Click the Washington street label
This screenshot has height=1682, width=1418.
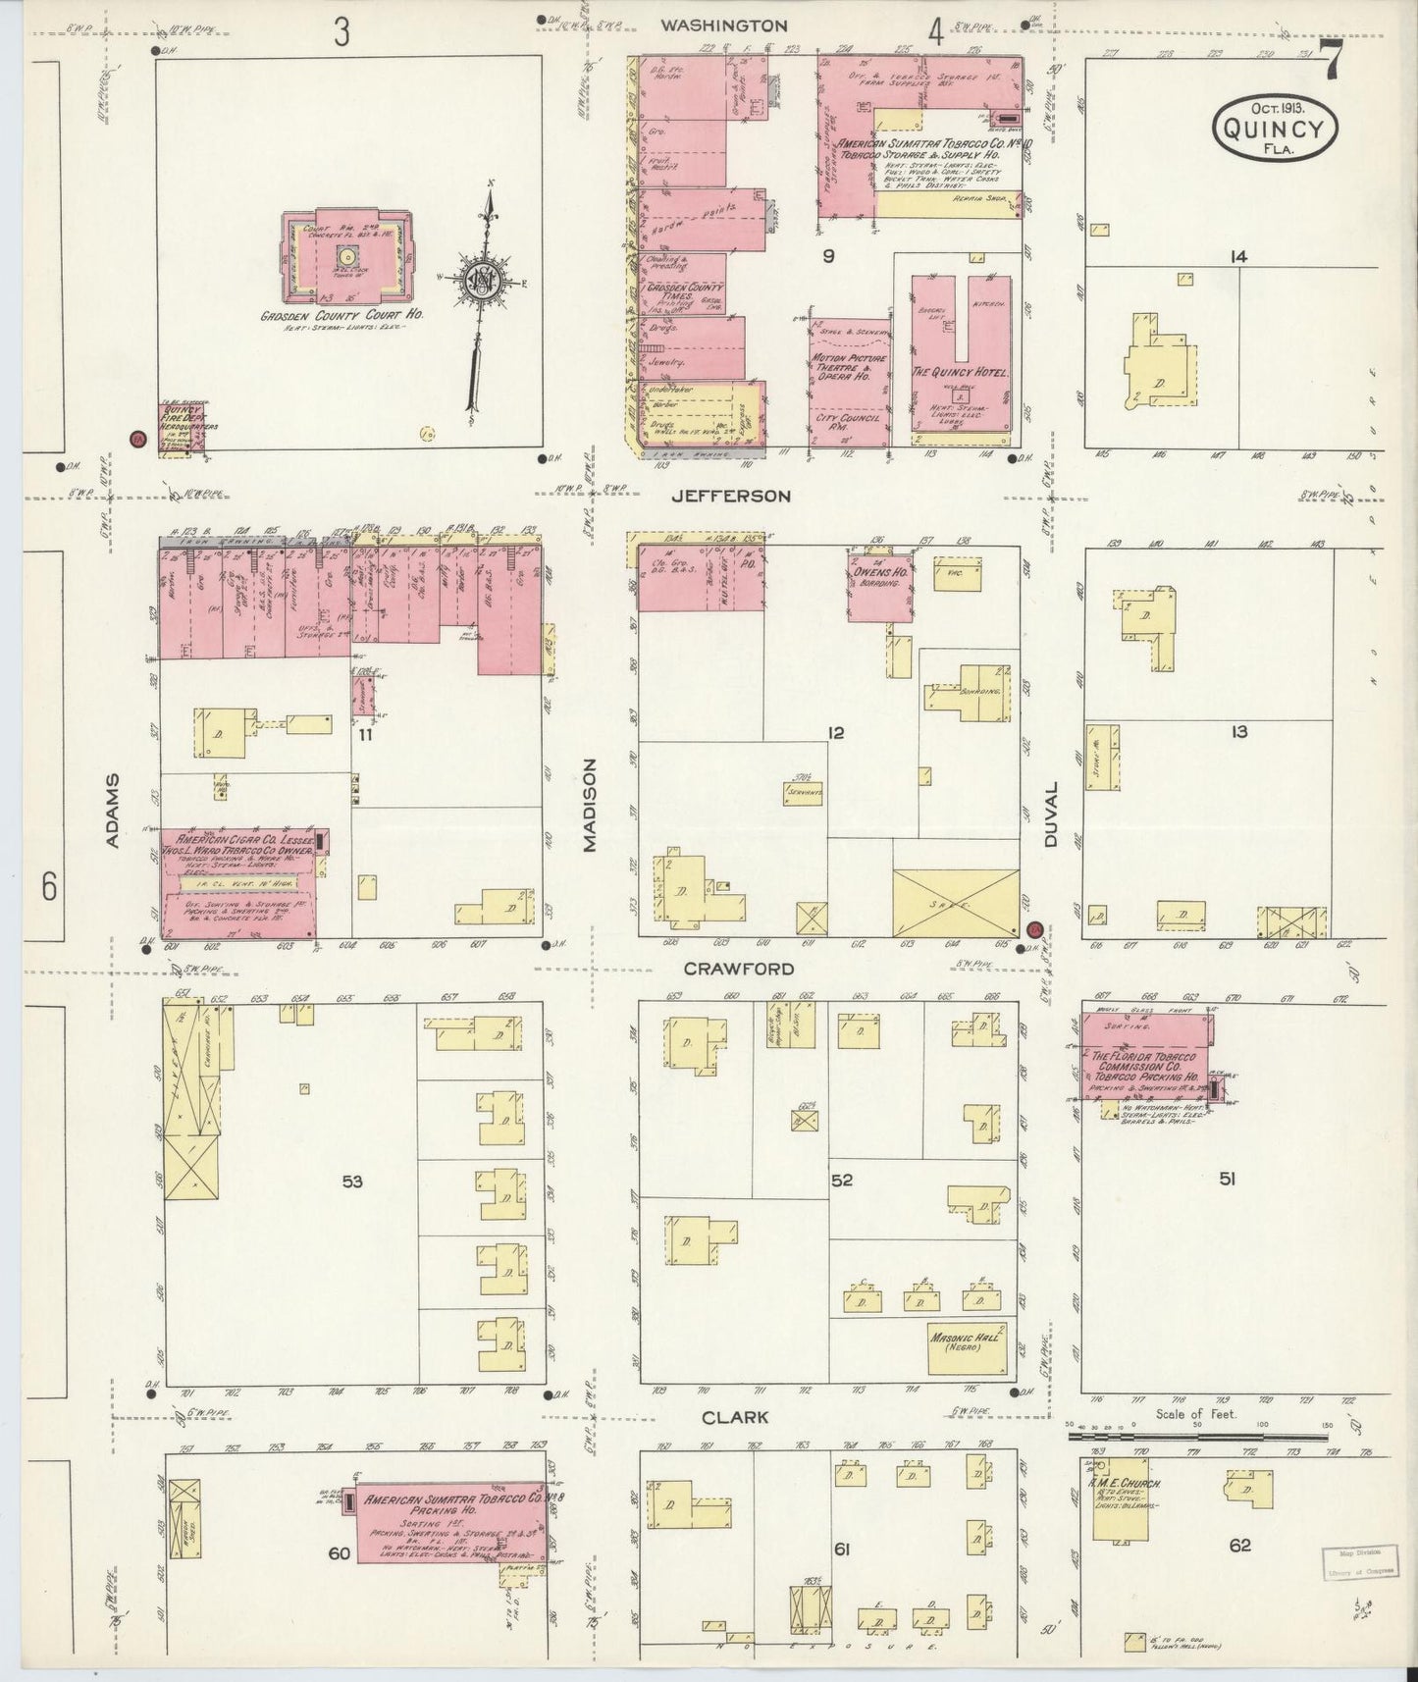(723, 26)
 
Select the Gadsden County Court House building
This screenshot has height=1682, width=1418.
(344, 258)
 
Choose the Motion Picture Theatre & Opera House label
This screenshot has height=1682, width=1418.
(850, 368)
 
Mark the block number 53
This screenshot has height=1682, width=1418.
(351, 1182)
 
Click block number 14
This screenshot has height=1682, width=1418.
(1238, 256)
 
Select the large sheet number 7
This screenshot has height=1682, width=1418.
(1332, 64)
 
